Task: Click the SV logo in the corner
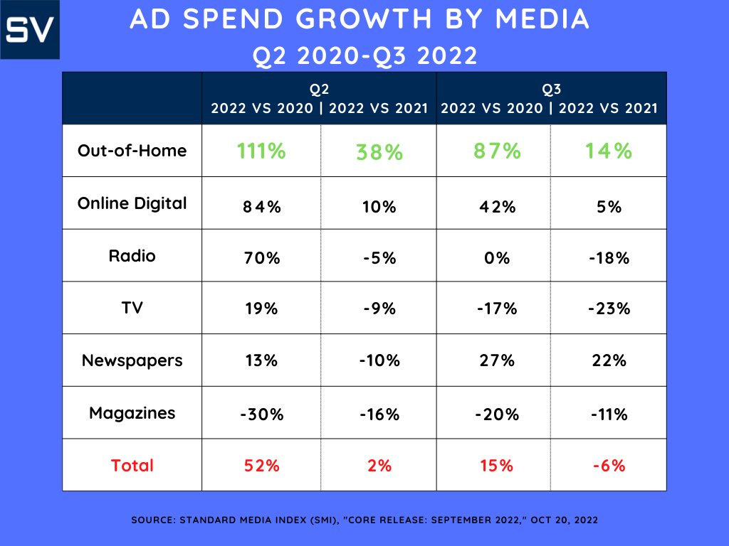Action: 31,30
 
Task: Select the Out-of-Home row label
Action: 132,151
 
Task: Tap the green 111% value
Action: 261,151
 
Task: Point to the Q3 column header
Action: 550,90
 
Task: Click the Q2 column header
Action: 319,90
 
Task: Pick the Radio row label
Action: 132,255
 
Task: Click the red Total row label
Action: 132,466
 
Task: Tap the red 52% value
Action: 261,466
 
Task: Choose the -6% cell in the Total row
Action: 609,466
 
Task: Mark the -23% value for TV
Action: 609,311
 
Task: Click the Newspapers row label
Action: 132,360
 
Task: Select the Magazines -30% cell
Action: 261,414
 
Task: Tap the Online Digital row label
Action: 132,203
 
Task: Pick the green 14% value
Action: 609,151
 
